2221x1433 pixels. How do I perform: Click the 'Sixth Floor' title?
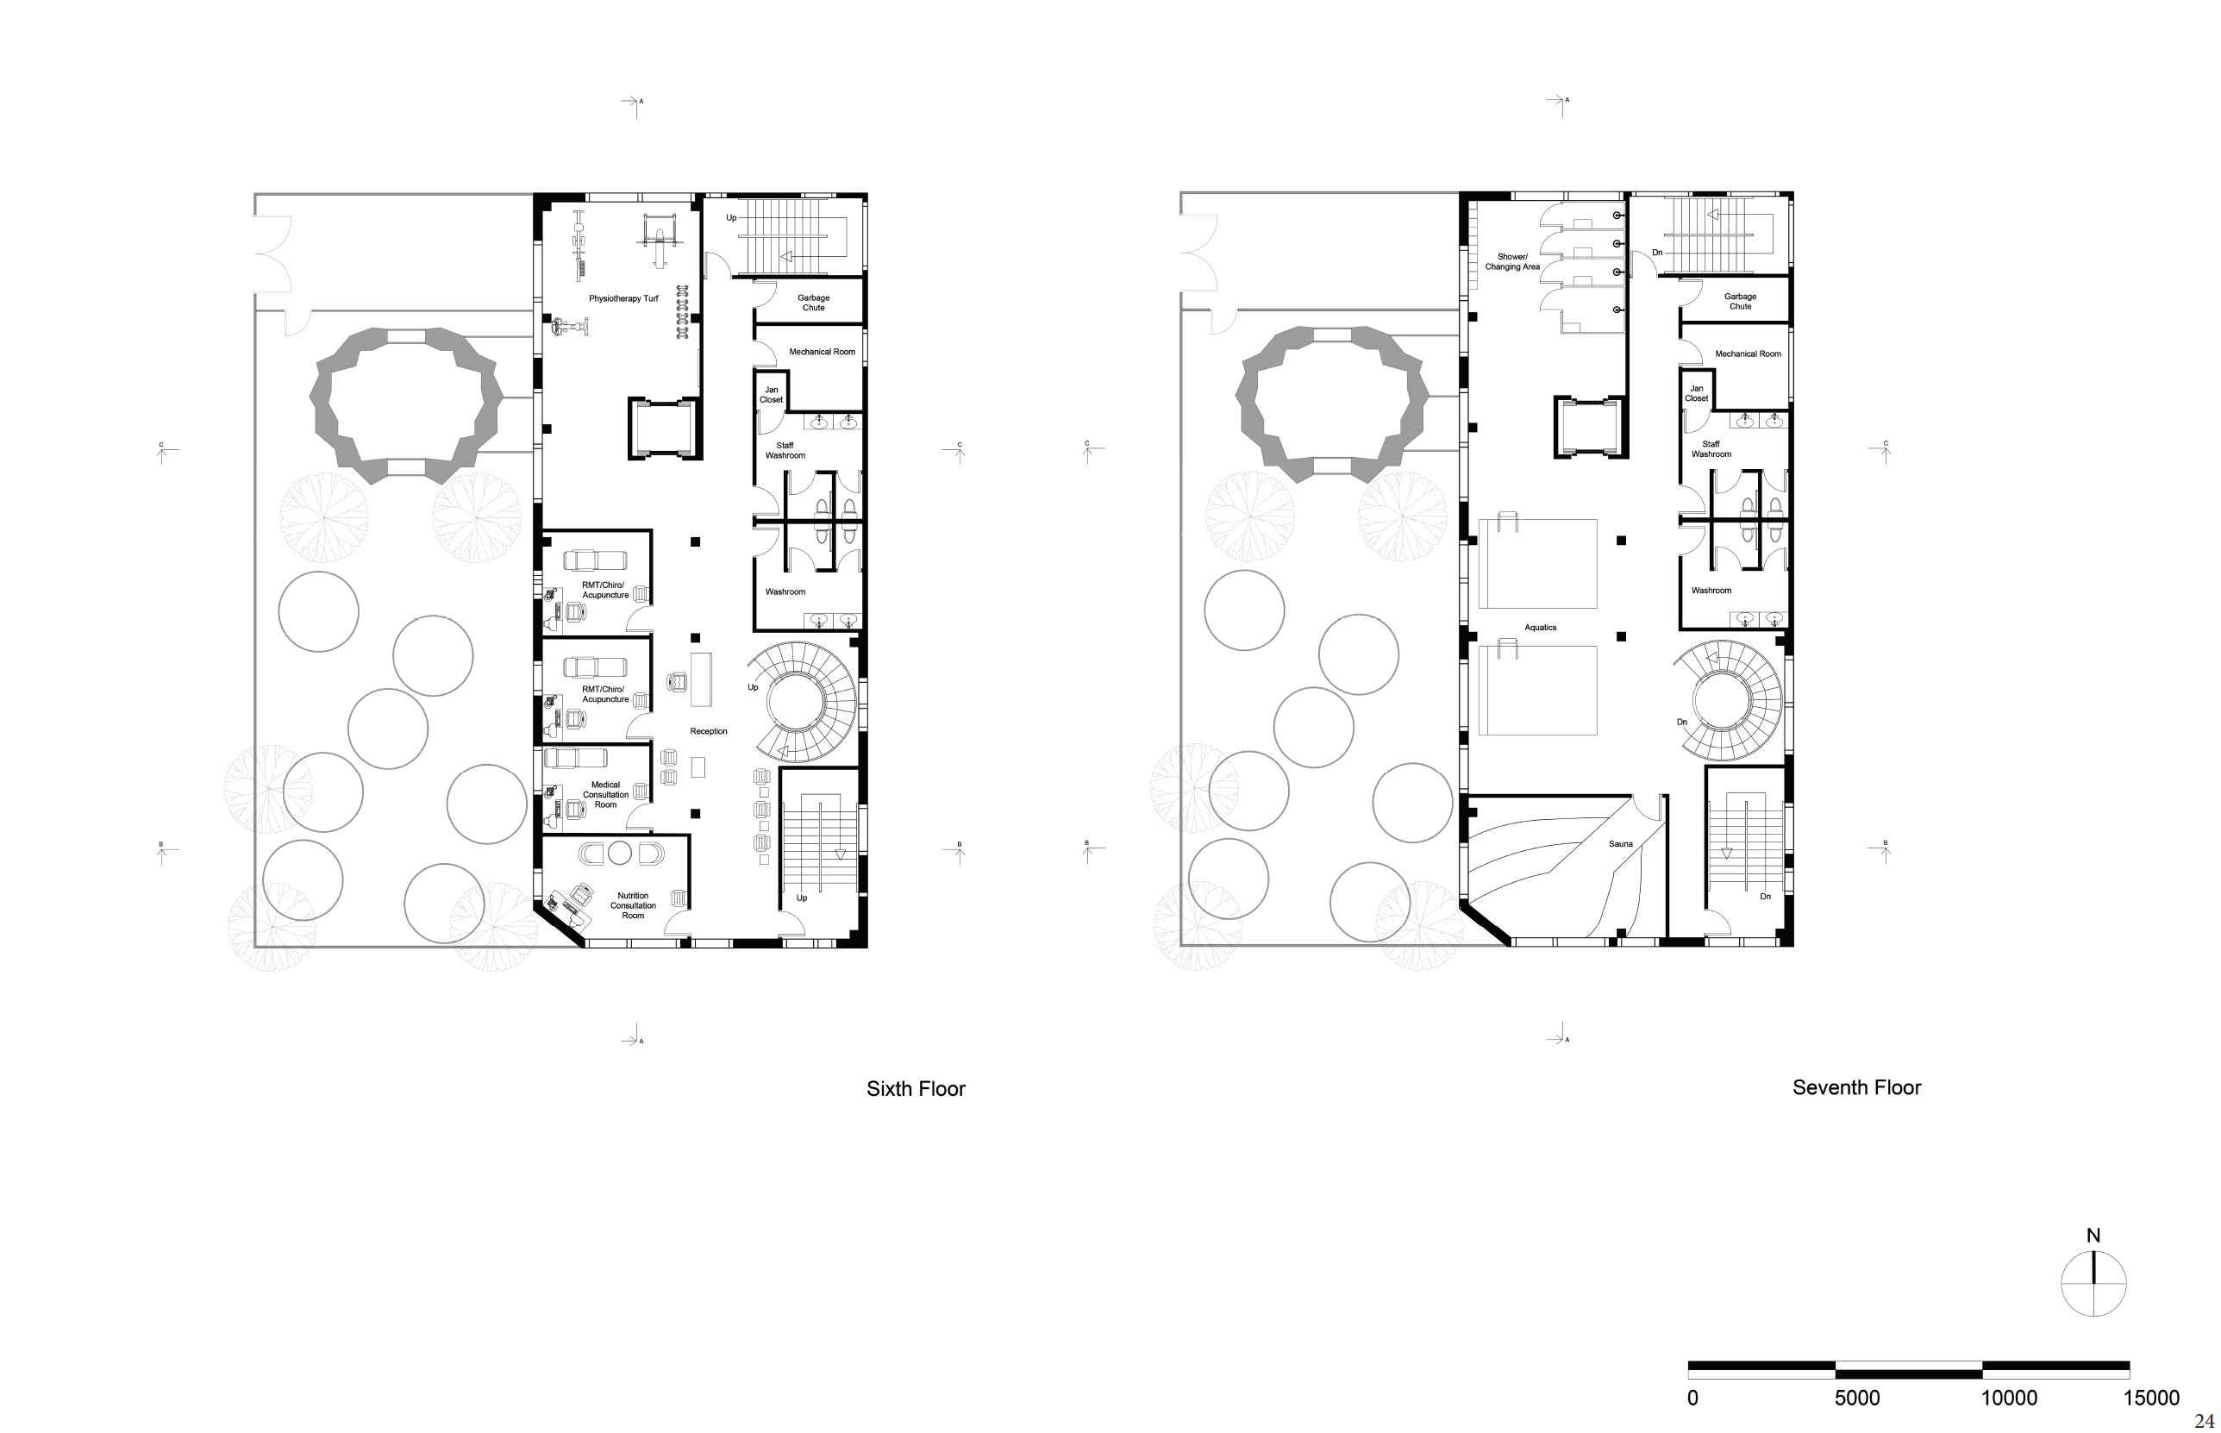(916, 1089)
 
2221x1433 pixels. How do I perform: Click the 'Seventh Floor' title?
(1856, 1088)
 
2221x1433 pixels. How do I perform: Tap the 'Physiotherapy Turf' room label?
(623, 298)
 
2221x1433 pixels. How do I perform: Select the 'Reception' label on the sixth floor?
(708, 731)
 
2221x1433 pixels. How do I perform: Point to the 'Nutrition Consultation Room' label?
(633, 905)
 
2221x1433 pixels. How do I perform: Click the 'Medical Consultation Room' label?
(606, 795)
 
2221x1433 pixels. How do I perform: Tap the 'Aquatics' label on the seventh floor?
(1540, 627)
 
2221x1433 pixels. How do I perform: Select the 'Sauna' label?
(1621, 844)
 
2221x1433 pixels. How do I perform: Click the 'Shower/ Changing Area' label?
(1512, 261)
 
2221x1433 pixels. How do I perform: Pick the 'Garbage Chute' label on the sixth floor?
(813, 303)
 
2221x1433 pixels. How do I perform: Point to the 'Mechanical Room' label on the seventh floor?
(1749, 354)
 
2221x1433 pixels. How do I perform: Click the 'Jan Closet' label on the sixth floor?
(772, 395)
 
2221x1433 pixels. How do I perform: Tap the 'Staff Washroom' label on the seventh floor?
(1711, 449)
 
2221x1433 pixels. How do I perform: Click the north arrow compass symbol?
(2093, 1283)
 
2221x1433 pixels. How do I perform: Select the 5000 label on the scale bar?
(1856, 1398)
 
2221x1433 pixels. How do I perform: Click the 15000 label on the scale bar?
(2151, 1398)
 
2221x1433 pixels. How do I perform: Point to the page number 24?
(2203, 1421)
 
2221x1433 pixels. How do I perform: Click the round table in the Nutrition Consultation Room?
(620, 854)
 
